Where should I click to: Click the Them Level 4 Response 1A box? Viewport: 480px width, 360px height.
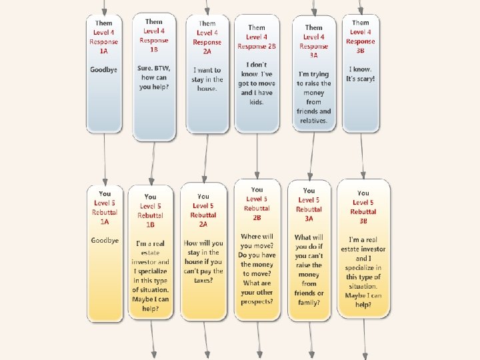tap(104, 73)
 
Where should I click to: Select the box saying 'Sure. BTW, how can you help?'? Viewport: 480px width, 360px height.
tap(154, 77)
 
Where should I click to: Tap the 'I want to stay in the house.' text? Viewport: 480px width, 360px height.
tap(207, 79)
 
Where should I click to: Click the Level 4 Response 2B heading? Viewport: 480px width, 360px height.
tap(257, 37)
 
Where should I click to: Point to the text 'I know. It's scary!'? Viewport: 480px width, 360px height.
tap(361, 74)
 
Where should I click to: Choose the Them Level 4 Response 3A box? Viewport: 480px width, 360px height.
tap(313, 73)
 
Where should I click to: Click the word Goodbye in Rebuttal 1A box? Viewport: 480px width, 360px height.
tap(105, 240)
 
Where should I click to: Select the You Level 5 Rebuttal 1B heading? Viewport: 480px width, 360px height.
tap(150, 210)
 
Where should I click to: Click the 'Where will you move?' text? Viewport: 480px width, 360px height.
tap(257, 241)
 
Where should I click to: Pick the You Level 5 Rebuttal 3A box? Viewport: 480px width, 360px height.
tap(309, 250)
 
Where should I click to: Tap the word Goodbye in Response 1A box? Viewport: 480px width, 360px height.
tap(104, 69)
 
